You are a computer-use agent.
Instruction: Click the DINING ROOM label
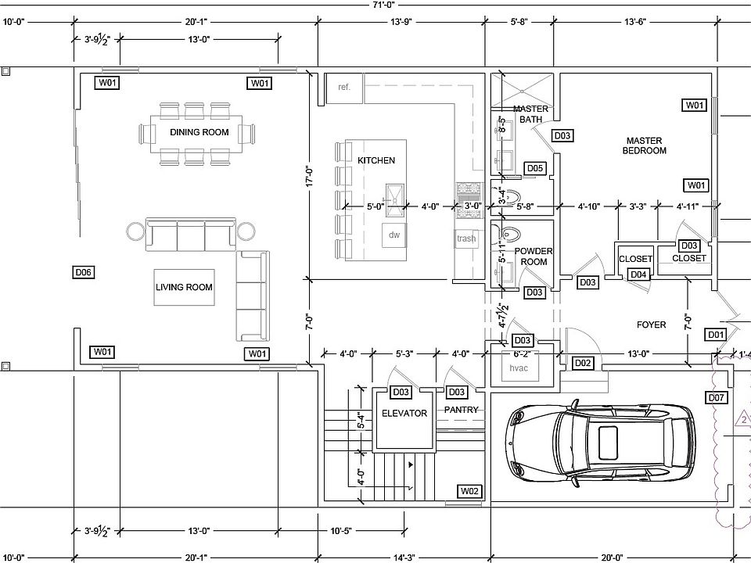click(199, 132)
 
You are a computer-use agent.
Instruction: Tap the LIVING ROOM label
click(184, 287)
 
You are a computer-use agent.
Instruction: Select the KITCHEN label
click(376, 160)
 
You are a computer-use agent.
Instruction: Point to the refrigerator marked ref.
click(344, 88)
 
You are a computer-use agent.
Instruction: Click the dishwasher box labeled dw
click(393, 235)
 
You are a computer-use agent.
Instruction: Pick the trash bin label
click(466, 238)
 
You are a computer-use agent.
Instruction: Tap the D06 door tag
click(84, 272)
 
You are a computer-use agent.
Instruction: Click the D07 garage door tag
click(716, 397)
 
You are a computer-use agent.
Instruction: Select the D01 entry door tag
click(716, 335)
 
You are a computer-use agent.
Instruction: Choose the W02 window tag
click(469, 491)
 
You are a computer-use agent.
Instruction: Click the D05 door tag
click(535, 168)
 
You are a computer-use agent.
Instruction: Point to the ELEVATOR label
click(404, 413)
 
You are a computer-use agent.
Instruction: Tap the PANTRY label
click(461, 410)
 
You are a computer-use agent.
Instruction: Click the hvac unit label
click(519, 368)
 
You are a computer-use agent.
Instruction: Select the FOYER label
click(652, 325)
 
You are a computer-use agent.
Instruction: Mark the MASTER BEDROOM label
click(644, 145)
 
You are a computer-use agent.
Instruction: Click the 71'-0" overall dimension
click(383, 5)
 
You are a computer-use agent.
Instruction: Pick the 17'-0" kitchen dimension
click(310, 176)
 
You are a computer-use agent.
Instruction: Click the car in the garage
click(599, 443)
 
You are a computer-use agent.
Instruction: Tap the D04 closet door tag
click(638, 274)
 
